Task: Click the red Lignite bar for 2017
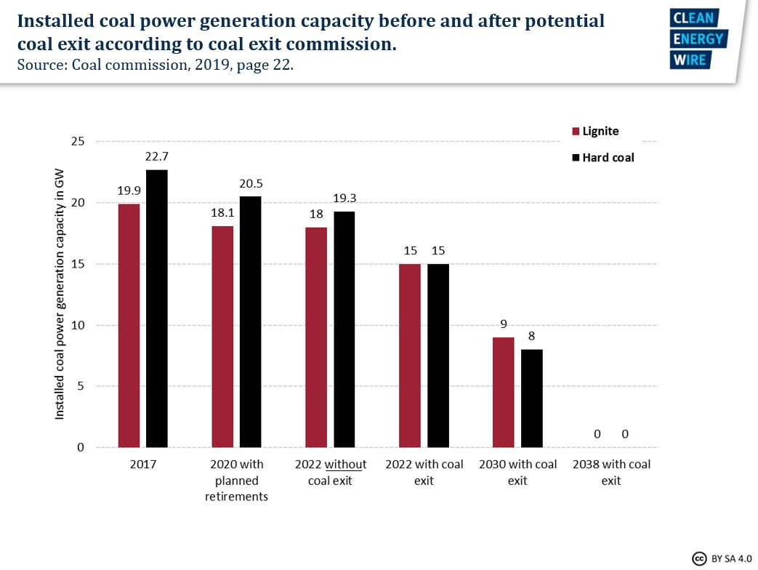tap(129, 325)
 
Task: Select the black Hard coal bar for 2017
tap(157, 308)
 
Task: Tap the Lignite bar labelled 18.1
tap(222, 337)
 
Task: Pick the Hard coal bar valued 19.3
tap(344, 329)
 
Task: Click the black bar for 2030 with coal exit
tap(531, 398)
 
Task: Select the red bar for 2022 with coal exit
tap(410, 356)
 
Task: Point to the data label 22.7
tap(157, 156)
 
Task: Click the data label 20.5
tap(251, 183)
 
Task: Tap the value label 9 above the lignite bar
tap(504, 324)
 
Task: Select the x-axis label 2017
tap(142, 465)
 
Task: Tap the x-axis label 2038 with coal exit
tap(611, 473)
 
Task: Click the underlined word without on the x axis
tap(346, 465)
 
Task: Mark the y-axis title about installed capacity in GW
tap(60, 294)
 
